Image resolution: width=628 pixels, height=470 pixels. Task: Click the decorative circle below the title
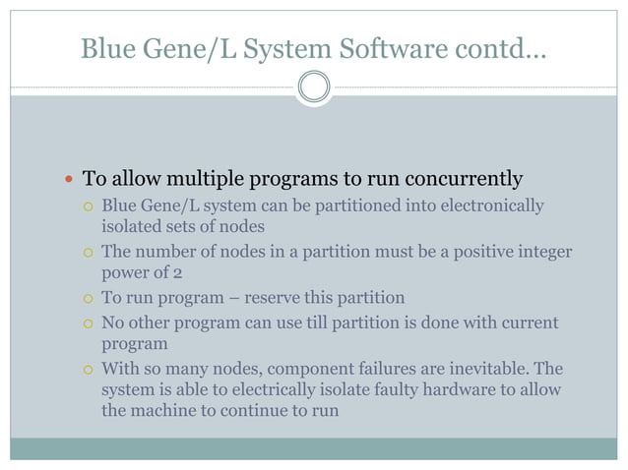click(x=314, y=88)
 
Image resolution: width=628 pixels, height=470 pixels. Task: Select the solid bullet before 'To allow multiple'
click(x=67, y=180)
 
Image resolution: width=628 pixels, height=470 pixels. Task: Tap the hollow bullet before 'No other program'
click(x=88, y=323)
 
